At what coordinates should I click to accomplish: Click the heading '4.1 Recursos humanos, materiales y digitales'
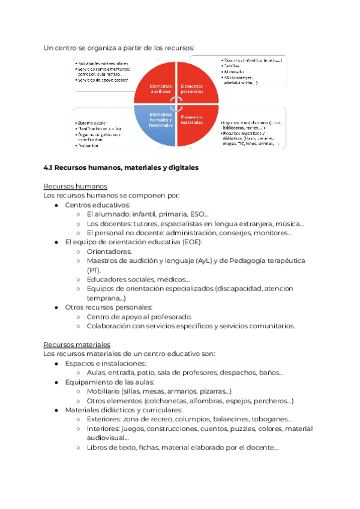[121, 168]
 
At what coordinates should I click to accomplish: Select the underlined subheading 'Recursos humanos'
[76, 186]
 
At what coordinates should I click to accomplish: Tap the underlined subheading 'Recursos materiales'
[77, 345]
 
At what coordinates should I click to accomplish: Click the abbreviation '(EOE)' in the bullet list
[193, 242]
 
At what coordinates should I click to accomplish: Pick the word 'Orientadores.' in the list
[109, 251]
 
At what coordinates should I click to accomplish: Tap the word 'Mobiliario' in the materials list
[106, 391]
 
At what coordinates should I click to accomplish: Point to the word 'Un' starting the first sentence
[49, 47]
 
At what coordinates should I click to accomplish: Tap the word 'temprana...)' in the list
[106, 298]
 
